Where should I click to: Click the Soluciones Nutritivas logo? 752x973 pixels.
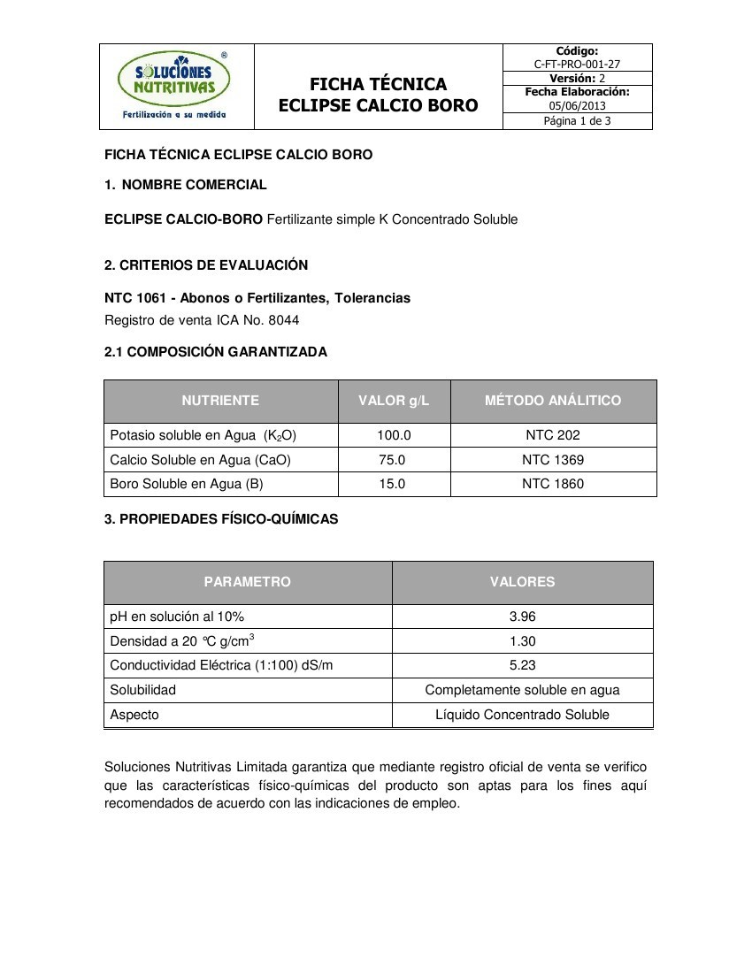(x=175, y=85)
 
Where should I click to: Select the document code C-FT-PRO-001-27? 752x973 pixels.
(x=577, y=65)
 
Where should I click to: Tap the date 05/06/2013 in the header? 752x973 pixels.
(x=577, y=106)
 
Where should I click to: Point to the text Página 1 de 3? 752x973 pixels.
(x=577, y=121)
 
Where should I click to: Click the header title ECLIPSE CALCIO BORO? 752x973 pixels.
(x=378, y=106)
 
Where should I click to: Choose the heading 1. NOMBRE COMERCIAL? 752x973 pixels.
(x=186, y=185)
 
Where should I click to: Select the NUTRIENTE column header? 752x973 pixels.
(x=220, y=401)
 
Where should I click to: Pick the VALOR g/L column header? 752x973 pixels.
(x=394, y=401)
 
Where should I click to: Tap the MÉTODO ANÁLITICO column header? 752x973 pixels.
(x=553, y=401)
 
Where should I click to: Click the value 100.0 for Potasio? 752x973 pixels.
(x=394, y=435)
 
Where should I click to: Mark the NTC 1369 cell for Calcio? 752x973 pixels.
(x=553, y=460)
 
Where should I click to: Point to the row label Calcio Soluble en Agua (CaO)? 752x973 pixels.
(x=200, y=460)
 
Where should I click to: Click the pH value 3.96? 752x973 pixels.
(x=522, y=617)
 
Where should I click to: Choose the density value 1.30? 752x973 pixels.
(x=522, y=641)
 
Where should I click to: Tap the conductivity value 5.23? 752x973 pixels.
(x=522, y=665)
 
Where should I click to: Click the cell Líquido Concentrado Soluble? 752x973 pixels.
(x=522, y=715)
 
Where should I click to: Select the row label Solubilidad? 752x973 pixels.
(x=142, y=690)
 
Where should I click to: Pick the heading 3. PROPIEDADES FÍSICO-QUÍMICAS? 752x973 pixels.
(x=221, y=519)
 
